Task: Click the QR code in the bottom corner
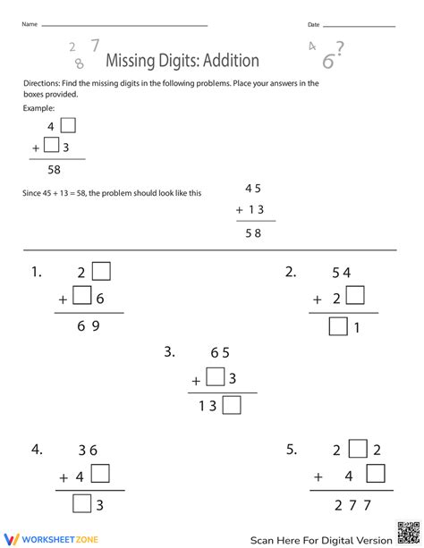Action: point(406,535)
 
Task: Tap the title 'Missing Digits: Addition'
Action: point(182,61)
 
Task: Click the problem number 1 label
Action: point(36,273)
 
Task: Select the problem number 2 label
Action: point(291,273)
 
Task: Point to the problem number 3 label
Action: point(169,352)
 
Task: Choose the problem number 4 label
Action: point(36,450)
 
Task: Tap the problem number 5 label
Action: point(291,450)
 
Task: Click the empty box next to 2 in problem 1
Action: point(100,271)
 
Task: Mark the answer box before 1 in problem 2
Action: point(338,327)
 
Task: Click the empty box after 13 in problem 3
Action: point(232,407)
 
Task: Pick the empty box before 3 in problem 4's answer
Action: point(82,505)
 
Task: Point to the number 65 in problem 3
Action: point(220,353)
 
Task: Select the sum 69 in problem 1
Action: point(89,327)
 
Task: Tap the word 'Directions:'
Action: point(44,83)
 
